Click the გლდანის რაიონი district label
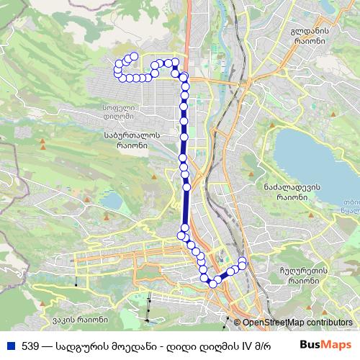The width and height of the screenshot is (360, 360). point(310,36)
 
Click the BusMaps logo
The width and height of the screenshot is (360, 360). point(331,346)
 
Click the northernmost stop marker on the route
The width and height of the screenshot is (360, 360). point(133,56)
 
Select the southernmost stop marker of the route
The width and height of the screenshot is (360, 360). point(212,283)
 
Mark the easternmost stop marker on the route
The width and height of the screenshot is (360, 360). point(243,261)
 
